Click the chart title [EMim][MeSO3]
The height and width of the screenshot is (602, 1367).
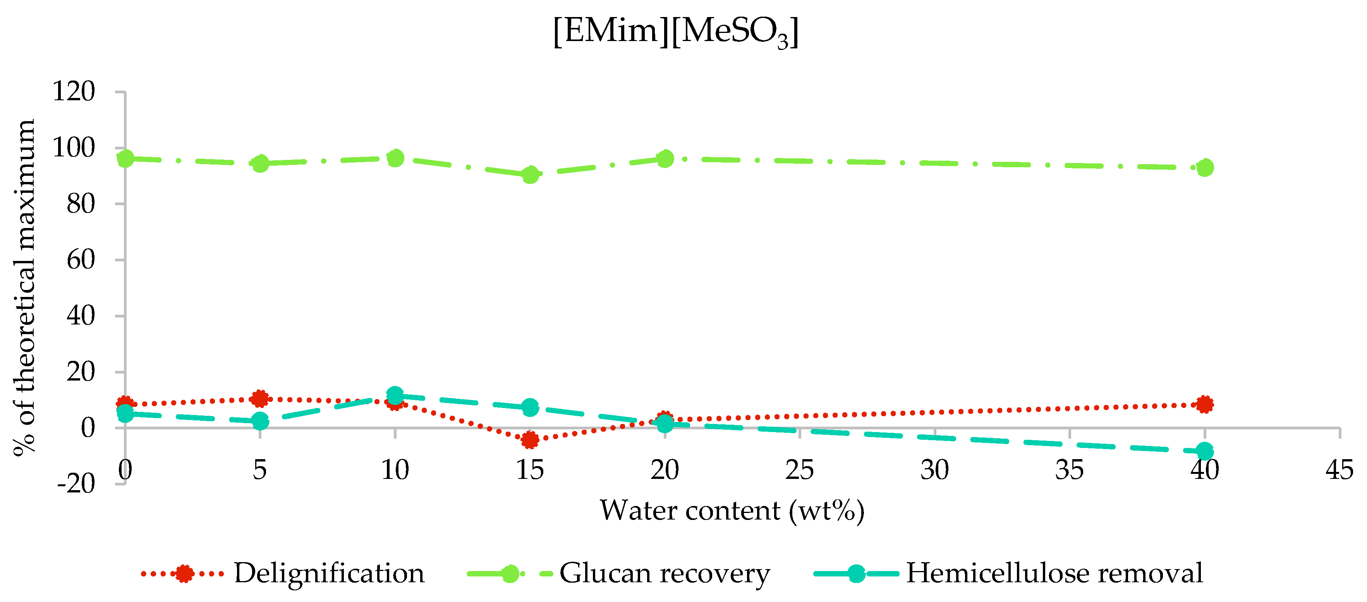(x=675, y=32)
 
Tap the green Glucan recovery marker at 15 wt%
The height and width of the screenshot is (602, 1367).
(x=530, y=175)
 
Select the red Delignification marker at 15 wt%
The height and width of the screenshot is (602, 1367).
(x=530, y=440)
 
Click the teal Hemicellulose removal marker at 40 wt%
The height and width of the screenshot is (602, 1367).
(x=1205, y=451)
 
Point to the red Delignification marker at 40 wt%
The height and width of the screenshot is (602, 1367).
(x=1205, y=404)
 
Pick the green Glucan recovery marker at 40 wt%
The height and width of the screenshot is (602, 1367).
(x=1205, y=168)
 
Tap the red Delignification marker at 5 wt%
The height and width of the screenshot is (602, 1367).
(x=259, y=398)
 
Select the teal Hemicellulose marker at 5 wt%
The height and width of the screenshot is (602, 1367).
(x=259, y=421)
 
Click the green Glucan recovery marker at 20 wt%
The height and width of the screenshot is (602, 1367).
(x=665, y=159)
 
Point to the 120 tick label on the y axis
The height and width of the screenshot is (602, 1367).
(x=73, y=92)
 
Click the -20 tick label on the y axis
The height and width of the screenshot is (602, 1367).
(x=76, y=484)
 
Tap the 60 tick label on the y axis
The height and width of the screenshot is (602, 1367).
(x=81, y=260)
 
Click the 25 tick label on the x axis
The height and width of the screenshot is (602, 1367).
(x=800, y=470)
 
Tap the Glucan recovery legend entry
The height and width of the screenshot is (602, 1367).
(x=664, y=573)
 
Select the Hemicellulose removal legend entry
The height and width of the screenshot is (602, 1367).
(x=1054, y=573)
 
